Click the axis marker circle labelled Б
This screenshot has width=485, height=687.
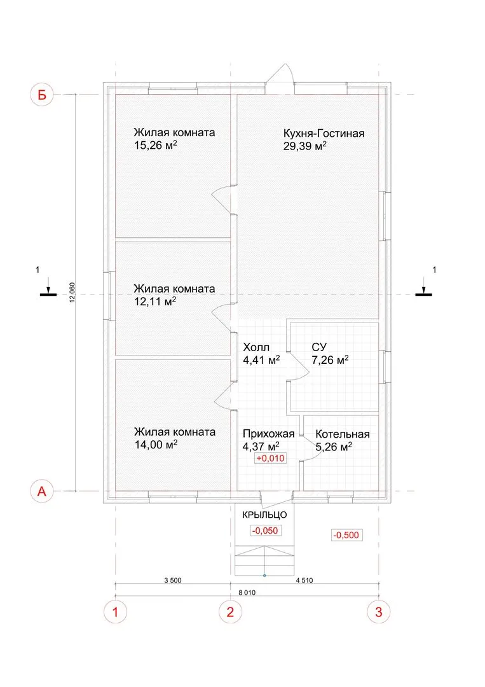[41, 95]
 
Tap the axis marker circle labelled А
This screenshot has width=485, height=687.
[41, 491]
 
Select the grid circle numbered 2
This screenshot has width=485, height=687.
[230, 612]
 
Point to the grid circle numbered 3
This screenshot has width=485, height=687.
[379, 612]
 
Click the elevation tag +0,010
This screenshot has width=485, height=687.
[270, 458]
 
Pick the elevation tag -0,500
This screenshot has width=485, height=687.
[346, 535]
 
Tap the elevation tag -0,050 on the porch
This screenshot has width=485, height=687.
[265, 531]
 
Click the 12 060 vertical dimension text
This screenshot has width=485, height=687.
[72, 292]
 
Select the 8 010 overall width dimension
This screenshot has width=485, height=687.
[247, 592]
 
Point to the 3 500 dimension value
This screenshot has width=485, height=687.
[172, 580]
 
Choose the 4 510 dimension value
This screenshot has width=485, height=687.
[304, 580]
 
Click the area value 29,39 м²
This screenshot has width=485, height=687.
[304, 146]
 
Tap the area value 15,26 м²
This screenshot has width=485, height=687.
[155, 145]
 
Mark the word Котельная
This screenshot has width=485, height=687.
[343, 434]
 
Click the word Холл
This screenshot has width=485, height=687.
[256, 347]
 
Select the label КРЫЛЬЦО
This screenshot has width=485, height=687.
[264, 515]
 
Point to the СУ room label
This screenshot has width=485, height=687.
[319, 347]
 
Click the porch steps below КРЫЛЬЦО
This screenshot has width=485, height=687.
[264, 560]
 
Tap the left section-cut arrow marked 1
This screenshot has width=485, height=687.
[48, 290]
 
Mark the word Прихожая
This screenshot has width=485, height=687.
[268, 434]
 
